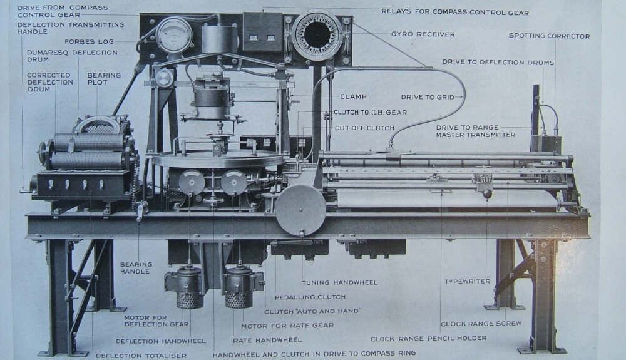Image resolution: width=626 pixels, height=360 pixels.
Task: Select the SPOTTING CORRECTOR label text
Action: (x=549, y=36)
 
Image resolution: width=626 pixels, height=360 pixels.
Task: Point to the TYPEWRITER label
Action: (x=467, y=282)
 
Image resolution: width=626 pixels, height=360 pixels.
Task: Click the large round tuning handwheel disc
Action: (x=302, y=209)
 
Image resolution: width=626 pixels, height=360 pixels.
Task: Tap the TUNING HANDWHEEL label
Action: (x=339, y=282)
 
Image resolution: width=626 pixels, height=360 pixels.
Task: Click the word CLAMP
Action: (x=353, y=97)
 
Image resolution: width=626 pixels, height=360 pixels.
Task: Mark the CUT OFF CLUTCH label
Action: (x=364, y=128)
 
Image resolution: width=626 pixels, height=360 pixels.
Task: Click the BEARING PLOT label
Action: (x=104, y=80)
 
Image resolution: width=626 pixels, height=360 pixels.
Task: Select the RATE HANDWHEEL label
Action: (x=267, y=340)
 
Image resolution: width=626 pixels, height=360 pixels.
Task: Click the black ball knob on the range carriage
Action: (x=488, y=195)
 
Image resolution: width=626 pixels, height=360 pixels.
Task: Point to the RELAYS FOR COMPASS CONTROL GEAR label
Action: (x=455, y=12)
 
